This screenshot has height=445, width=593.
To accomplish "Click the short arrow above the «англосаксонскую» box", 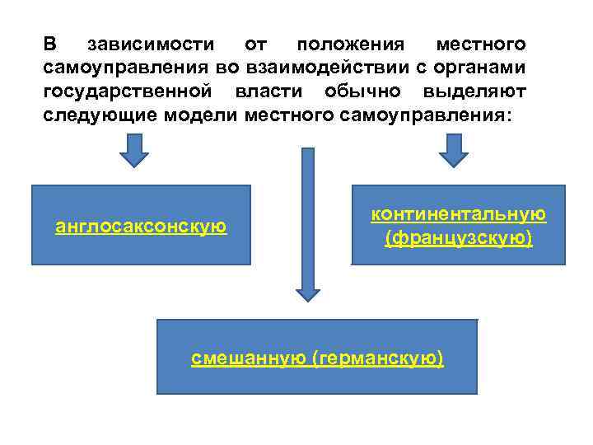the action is pyautogui.click(x=134, y=151).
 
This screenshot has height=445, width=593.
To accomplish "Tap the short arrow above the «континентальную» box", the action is pyautogui.click(x=452, y=151).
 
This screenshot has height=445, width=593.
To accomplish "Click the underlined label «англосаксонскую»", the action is pyautogui.click(x=141, y=226).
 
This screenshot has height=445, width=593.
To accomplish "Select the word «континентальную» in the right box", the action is pyautogui.click(x=458, y=214).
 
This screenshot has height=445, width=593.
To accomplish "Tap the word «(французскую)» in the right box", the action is pyautogui.click(x=458, y=238).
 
